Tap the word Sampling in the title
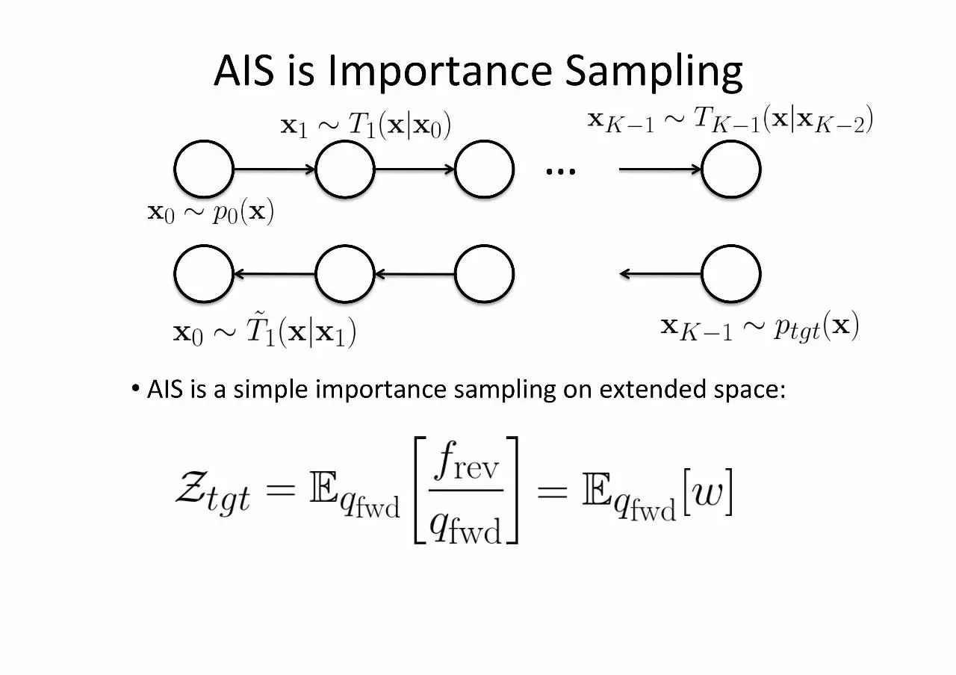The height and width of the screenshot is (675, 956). (x=654, y=72)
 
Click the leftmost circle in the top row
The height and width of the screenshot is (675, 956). (x=204, y=169)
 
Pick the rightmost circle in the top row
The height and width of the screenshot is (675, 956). (x=731, y=169)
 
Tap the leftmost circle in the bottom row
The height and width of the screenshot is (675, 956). (x=204, y=274)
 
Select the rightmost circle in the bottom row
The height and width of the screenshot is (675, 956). (x=731, y=274)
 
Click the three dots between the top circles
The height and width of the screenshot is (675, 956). (x=561, y=172)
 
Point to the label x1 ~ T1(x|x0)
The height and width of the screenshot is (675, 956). (x=365, y=125)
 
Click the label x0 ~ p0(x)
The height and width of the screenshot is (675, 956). (x=211, y=214)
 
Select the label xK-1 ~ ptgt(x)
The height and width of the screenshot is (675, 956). (x=760, y=327)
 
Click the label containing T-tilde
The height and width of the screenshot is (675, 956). (x=264, y=332)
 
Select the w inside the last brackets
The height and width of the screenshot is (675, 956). (x=705, y=494)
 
